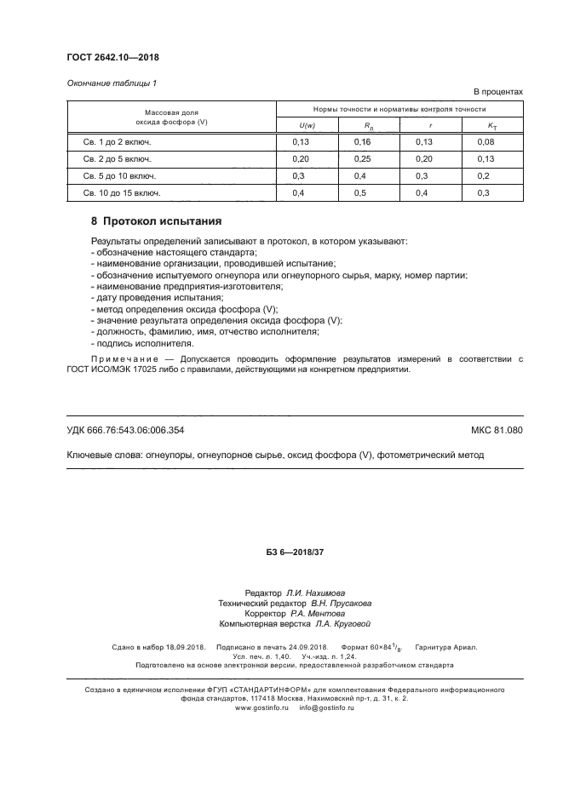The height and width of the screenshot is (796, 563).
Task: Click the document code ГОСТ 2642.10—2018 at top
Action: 112,58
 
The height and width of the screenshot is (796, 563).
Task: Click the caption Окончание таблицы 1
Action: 112,83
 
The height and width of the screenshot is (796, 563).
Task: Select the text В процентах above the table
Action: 497,91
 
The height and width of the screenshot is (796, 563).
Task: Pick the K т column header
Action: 492,126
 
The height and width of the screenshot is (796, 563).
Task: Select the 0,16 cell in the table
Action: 363,142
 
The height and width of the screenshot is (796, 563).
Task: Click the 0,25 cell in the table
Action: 363,159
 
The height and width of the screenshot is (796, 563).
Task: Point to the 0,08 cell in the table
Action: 486,142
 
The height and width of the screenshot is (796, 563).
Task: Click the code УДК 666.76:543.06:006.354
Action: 125,430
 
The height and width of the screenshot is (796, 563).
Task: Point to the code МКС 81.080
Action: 497,430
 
